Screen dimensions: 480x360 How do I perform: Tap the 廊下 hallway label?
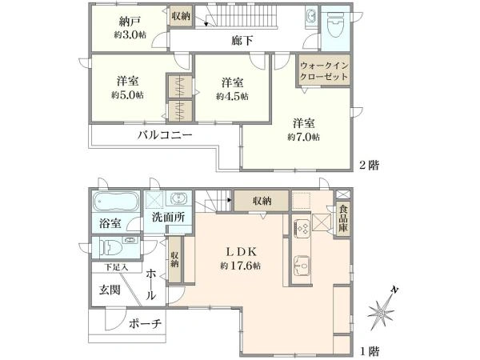click(x=242, y=41)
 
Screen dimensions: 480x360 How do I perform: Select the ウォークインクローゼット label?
click(x=324, y=70)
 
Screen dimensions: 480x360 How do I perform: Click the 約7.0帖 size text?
click(x=303, y=137)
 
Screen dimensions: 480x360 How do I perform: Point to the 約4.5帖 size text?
click(x=232, y=97)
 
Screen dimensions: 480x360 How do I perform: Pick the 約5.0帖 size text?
click(x=126, y=95)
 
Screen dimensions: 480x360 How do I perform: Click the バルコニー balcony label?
click(x=165, y=134)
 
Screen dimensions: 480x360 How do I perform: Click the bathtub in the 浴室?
click(x=116, y=202)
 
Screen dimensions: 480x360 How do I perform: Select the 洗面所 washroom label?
click(x=168, y=217)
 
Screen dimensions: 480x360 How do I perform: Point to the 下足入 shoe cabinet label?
click(x=116, y=267)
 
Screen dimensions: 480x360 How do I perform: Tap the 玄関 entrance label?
click(x=110, y=290)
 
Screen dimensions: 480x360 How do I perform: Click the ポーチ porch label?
click(x=145, y=323)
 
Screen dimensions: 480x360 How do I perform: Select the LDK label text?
click(x=241, y=252)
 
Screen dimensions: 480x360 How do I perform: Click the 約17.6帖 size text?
click(x=241, y=266)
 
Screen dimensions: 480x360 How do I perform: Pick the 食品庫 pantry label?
click(x=343, y=218)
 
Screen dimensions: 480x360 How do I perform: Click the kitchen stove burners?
click(x=302, y=228)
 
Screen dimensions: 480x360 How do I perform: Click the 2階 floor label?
click(x=369, y=166)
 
